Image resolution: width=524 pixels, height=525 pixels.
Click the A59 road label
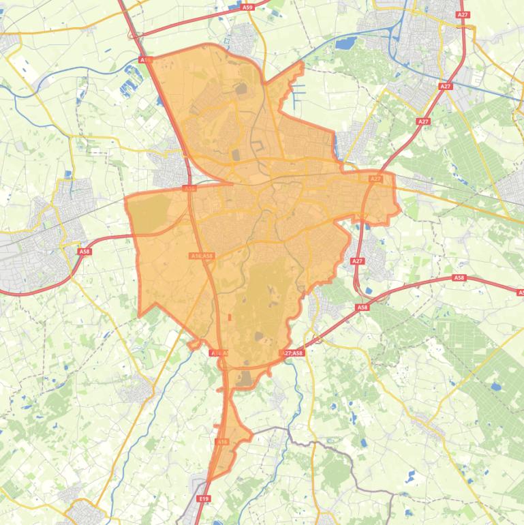pyautogui.click(x=247, y=7)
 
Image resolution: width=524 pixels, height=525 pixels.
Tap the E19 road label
pyautogui.click(x=203, y=499)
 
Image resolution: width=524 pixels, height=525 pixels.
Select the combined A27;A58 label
pyautogui.click(x=292, y=353)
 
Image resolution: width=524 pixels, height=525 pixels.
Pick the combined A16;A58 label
pyautogui.click(x=202, y=256)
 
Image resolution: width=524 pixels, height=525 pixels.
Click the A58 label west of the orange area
pyautogui.click(x=84, y=252)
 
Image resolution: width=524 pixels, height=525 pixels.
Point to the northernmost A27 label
pyautogui.click(x=463, y=14)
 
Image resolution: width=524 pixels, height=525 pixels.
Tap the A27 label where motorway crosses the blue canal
pyautogui.click(x=446, y=87)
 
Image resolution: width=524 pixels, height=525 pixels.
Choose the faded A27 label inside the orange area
pyautogui.click(x=375, y=179)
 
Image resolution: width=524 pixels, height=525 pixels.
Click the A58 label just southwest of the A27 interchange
pyautogui.click(x=363, y=307)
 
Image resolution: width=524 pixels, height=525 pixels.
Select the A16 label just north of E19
pyautogui.click(x=221, y=442)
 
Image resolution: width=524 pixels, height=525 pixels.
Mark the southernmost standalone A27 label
pyautogui.click(x=358, y=261)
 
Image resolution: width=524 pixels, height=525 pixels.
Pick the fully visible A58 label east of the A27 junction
pyautogui.click(x=459, y=277)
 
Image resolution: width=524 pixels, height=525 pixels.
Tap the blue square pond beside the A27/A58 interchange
pyautogui.click(x=369, y=292)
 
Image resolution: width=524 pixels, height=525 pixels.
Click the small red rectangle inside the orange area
pyautogui.click(x=230, y=317)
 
